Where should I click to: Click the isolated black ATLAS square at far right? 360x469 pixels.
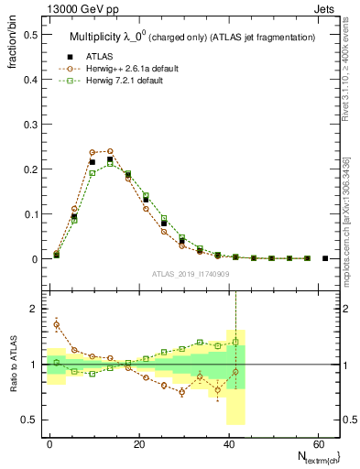pyautogui.click(x=325, y=258)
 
